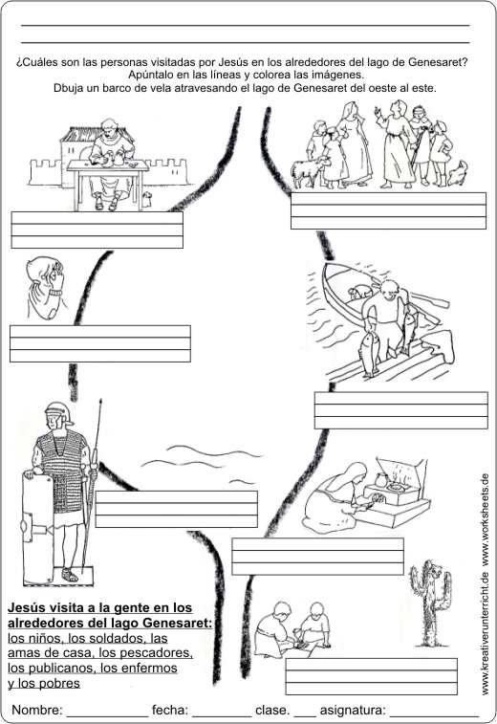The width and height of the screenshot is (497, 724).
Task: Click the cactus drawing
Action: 430,603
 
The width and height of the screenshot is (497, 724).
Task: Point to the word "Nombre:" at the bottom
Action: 37,710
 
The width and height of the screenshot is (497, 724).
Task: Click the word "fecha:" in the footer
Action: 170,710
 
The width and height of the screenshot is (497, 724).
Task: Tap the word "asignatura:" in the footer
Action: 353,710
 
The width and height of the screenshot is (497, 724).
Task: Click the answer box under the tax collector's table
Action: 97,230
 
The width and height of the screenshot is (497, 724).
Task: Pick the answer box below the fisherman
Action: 401,410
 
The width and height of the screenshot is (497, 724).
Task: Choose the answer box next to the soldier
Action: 176,509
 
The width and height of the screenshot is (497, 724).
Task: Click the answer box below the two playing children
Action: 372,676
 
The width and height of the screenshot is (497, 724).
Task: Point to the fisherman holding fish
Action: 386,323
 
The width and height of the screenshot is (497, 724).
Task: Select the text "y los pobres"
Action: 44,683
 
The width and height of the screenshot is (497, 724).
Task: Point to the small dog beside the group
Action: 456,173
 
